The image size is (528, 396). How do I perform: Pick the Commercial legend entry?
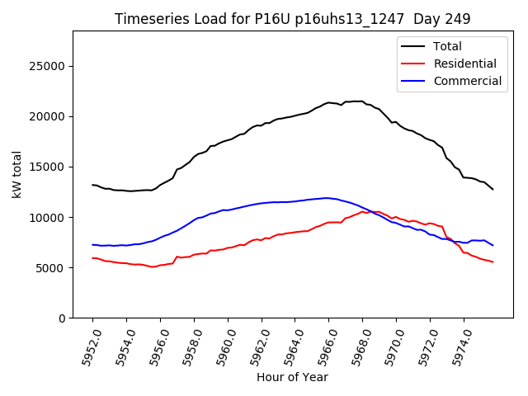[x=467, y=81]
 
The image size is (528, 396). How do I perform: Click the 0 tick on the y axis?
[x=62, y=318]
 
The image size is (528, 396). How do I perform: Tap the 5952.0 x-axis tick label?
[x=85, y=346]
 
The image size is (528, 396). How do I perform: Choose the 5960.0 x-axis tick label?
[x=220, y=346]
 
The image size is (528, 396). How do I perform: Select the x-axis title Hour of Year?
[x=292, y=378]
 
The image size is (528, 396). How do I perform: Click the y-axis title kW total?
[x=16, y=174]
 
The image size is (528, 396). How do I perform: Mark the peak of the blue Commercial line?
[x=328, y=198]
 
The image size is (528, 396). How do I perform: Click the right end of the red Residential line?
[x=493, y=262]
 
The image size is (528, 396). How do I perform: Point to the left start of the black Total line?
[x=92, y=185]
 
